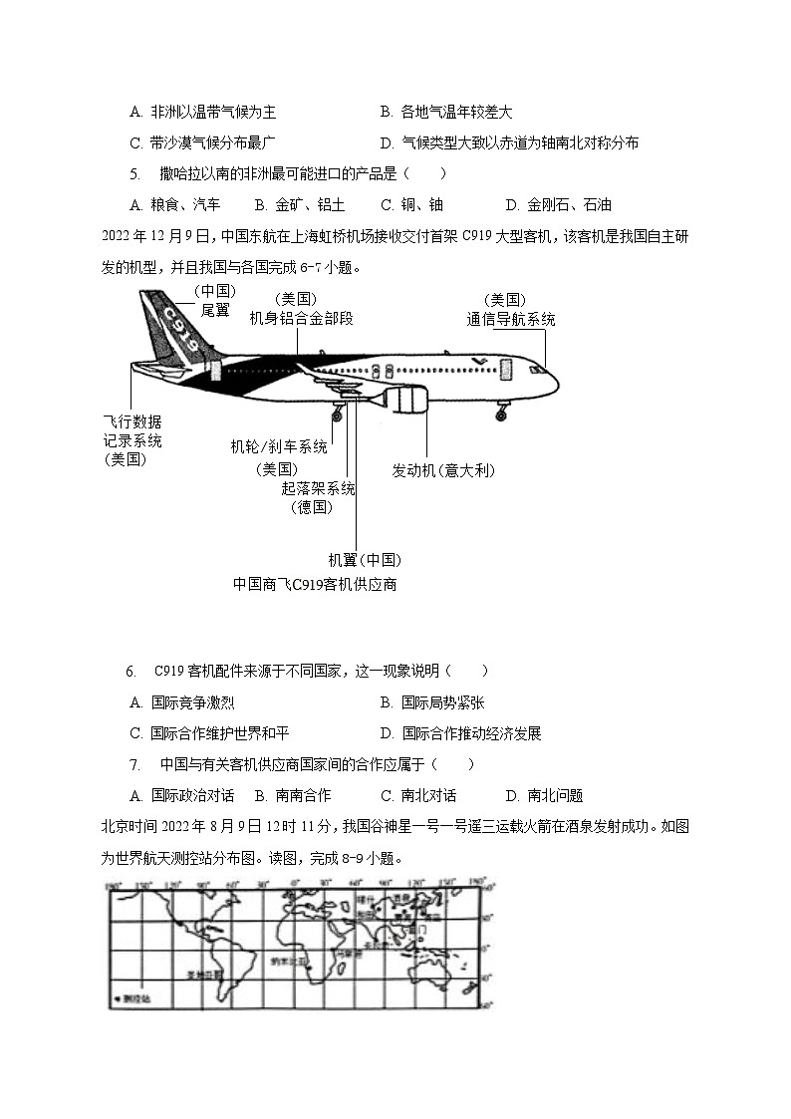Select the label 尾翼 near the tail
tap(214, 310)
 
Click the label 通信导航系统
tap(511, 320)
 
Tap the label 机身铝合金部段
tap(301, 318)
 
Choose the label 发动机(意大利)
tap(443, 470)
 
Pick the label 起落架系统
tap(319, 488)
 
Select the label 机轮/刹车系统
tap(278, 446)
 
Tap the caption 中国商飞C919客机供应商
tap(315, 584)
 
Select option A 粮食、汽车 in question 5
tap(175, 205)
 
